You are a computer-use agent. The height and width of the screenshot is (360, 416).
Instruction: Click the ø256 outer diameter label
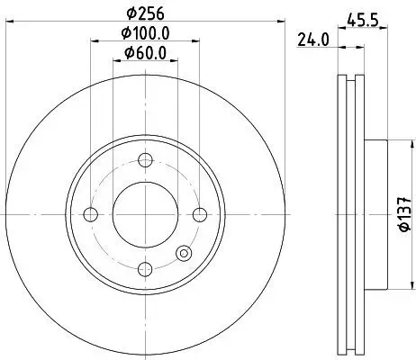tap(143, 13)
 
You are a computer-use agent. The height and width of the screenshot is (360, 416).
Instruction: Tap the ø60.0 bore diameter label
tap(144, 52)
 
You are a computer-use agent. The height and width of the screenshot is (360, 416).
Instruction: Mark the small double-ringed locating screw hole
tap(185, 254)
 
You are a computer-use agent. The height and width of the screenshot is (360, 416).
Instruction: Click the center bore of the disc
tap(144, 213)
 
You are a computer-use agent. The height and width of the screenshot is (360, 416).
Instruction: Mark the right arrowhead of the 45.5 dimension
tap(384, 26)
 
